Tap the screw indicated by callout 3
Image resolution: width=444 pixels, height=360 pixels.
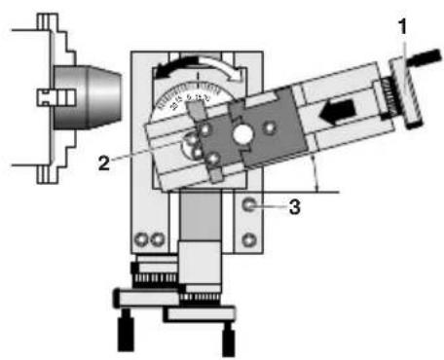(x=251, y=205)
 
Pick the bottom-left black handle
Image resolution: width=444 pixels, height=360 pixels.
(x=125, y=332)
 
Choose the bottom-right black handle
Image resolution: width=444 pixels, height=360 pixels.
(x=228, y=337)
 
